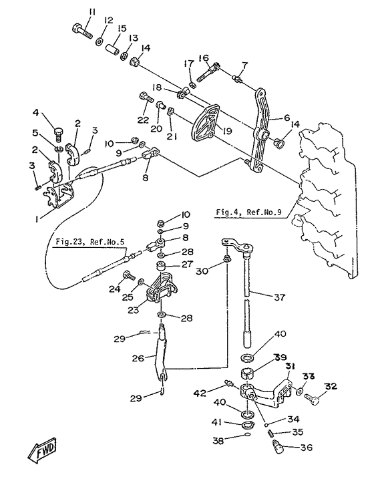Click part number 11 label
[92, 12]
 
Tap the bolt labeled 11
[82, 31]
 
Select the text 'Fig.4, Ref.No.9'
[248, 212]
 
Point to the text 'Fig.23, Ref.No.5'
[90, 242]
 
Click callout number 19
[227, 131]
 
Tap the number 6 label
[287, 117]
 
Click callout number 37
[279, 297]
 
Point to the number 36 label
[307, 447]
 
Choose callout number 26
[138, 357]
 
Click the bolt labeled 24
[129, 275]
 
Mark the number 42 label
[200, 393]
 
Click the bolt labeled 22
[146, 98]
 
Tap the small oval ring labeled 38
[248, 434]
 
